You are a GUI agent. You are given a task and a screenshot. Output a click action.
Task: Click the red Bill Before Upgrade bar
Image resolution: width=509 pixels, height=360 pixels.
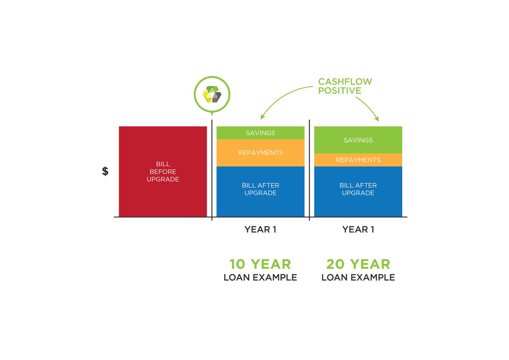point(162,171)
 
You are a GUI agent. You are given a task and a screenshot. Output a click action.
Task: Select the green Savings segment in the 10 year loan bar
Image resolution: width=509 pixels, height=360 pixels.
point(260,133)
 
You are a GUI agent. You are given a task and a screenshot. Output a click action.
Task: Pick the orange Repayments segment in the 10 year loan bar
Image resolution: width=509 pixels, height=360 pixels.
point(260,153)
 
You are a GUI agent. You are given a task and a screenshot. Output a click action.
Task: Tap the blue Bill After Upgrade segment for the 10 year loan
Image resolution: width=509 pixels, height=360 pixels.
point(260,191)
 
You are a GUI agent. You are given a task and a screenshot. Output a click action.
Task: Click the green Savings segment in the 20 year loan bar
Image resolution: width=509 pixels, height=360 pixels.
point(358,140)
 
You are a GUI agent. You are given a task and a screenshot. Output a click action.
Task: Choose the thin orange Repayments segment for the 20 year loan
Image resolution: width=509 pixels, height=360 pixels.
point(358,160)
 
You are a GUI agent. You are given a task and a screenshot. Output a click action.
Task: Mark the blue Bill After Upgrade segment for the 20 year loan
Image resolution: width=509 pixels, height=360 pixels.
point(358,191)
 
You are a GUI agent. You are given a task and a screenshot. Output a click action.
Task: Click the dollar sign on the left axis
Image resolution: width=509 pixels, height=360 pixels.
point(105,171)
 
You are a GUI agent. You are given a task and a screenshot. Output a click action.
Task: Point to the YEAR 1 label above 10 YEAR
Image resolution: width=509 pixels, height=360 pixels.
point(260,229)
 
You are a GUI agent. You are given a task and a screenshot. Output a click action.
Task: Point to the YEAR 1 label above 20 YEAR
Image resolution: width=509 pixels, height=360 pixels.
point(358,229)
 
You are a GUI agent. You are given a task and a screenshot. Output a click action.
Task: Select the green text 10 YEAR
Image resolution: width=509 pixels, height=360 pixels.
point(260,264)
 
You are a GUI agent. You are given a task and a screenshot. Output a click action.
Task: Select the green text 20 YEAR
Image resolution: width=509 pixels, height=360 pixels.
point(358,264)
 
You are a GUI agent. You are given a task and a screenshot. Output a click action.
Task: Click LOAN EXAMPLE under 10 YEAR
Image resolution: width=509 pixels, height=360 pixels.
point(260,278)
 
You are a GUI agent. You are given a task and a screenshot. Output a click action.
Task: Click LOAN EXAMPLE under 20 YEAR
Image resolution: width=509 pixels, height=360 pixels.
point(358,278)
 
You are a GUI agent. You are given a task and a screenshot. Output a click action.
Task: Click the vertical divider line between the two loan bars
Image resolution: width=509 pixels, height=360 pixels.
point(309,170)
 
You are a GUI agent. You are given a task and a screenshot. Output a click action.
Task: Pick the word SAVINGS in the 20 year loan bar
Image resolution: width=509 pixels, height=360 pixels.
point(358,140)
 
